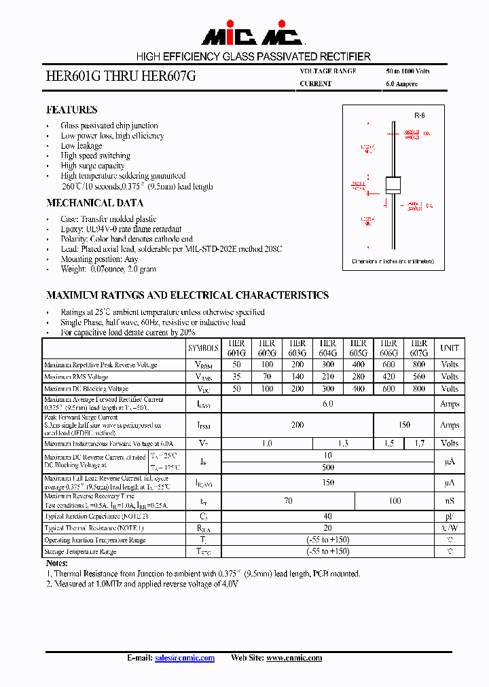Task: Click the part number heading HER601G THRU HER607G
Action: pyautogui.click(x=120, y=77)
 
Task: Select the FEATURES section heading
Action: pyautogui.click(x=71, y=110)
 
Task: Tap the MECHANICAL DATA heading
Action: pyautogui.click(x=94, y=203)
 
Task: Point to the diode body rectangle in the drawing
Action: pyautogui.click(x=394, y=186)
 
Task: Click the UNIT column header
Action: pyautogui.click(x=450, y=348)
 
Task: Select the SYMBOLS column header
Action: pyautogui.click(x=204, y=348)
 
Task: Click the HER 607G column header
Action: pyautogui.click(x=419, y=348)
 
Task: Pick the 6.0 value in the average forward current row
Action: pyautogui.click(x=328, y=404)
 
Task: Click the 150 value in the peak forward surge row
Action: pyautogui.click(x=404, y=425)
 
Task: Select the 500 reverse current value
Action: pyautogui.click(x=328, y=468)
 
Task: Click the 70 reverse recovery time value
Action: pyautogui.click(x=288, y=501)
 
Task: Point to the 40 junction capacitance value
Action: pyautogui.click(x=328, y=516)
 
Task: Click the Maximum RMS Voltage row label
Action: pyautogui.click(x=76, y=377)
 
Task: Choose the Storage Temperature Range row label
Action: pyautogui.click(x=80, y=552)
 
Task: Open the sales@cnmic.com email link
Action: pyautogui.click(x=185, y=658)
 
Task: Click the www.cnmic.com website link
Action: pyautogui.click(x=294, y=658)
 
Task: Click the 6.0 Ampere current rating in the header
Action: pyautogui.click(x=401, y=84)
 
